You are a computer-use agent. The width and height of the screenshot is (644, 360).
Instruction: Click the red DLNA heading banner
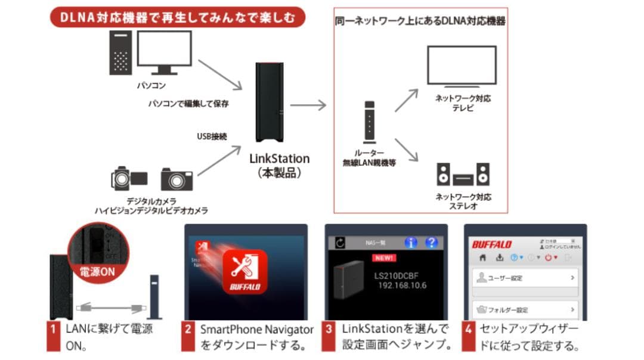point(177,17)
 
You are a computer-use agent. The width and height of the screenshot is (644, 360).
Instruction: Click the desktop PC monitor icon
point(164,51)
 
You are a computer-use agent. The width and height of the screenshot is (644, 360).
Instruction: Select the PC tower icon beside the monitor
point(120,53)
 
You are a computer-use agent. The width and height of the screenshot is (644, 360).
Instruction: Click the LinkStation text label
point(280,159)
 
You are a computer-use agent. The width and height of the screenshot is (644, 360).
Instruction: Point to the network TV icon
point(462,66)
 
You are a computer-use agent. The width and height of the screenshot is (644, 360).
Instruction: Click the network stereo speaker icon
point(463,175)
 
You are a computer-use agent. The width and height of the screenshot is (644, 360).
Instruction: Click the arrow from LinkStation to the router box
point(309,105)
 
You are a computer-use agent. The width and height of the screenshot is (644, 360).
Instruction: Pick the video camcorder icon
point(129,178)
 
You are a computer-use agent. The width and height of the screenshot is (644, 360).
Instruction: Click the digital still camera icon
point(177,179)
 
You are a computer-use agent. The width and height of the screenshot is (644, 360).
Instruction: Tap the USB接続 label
point(212,136)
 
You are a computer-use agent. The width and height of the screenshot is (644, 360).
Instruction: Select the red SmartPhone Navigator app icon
point(244,272)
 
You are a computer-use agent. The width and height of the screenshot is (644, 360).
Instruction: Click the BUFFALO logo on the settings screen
point(492,244)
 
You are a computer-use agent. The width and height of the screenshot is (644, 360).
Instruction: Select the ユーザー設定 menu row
point(525,278)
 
